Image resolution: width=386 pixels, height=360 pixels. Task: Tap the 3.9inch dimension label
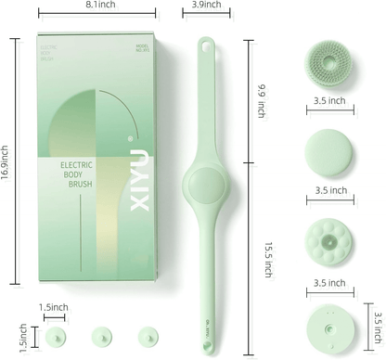coord(206,6)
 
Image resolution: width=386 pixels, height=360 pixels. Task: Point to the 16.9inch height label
coord(7,161)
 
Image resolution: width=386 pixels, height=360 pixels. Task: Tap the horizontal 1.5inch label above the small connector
coord(52,307)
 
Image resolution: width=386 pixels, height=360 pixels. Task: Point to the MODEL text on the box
coord(142,45)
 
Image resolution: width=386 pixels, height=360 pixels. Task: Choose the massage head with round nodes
coord(329,239)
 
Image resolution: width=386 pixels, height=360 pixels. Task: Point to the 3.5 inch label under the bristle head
coord(329,100)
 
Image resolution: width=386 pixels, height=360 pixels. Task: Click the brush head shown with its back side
coord(330,330)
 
